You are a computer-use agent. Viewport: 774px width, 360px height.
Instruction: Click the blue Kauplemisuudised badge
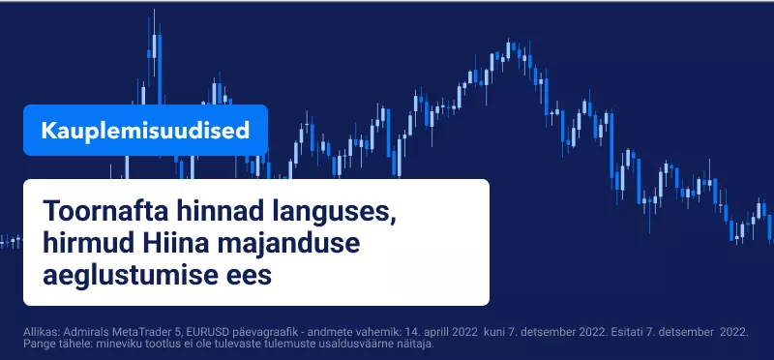click(x=146, y=131)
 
